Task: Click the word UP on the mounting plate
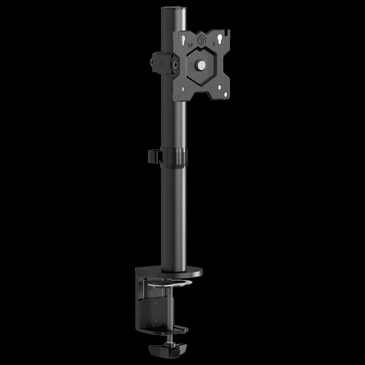point(190,45)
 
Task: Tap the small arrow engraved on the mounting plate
point(214,44)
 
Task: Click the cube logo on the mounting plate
point(202,40)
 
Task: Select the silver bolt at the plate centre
point(200,65)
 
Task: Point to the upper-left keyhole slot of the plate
point(183,39)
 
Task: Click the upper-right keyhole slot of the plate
point(220,38)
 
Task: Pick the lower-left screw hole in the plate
point(183,89)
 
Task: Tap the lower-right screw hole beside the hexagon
point(219,87)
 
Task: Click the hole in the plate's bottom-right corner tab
point(225,94)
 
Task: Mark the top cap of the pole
point(174,8)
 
